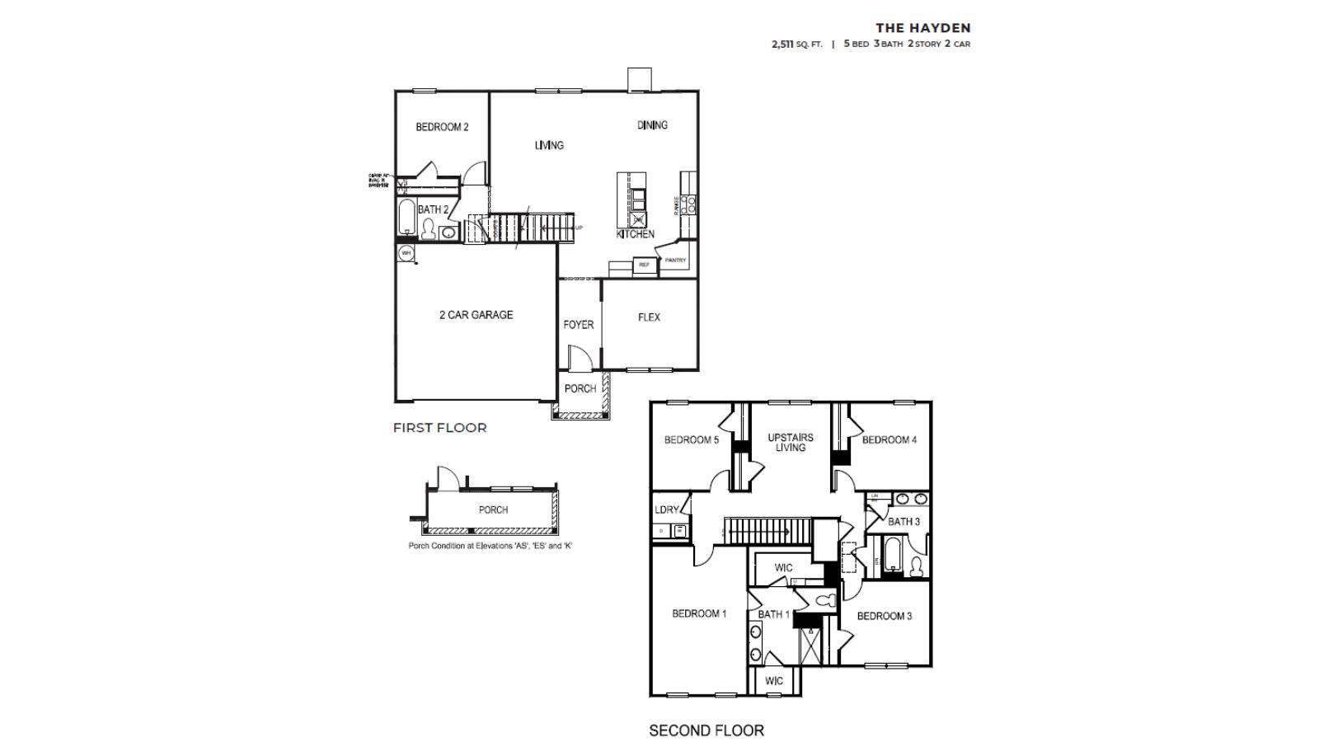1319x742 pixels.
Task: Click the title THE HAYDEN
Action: pyautogui.click(x=922, y=28)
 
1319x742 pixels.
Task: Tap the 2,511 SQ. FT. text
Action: pyautogui.click(x=796, y=45)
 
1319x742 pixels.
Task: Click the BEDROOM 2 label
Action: pyautogui.click(x=442, y=127)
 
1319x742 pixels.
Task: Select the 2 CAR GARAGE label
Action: pyautogui.click(x=476, y=315)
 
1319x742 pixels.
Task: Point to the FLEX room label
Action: pyautogui.click(x=649, y=317)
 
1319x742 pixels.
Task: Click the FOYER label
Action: pyautogui.click(x=578, y=325)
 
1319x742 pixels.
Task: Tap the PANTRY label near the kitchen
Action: pyautogui.click(x=675, y=261)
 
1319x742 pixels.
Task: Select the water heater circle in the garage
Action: pyautogui.click(x=406, y=253)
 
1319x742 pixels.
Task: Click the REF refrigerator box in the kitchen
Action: pyautogui.click(x=644, y=265)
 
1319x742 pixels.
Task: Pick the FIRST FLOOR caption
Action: pyautogui.click(x=439, y=428)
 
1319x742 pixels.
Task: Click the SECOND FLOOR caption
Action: pyautogui.click(x=706, y=730)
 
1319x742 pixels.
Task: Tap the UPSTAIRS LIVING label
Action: pyautogui.click(x=791, y=443)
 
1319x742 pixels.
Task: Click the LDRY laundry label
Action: pyautogui.click(x=666, y=510)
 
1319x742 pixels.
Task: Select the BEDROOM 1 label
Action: pyautogui.click(x=699, y=613)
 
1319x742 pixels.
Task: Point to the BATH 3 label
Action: pyautogui.click(x=904, y=522)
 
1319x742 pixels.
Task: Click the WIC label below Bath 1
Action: pyautogui.click(x=774, y=681)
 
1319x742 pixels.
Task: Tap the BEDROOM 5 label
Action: pyautogui.click(x=691, y=440)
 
